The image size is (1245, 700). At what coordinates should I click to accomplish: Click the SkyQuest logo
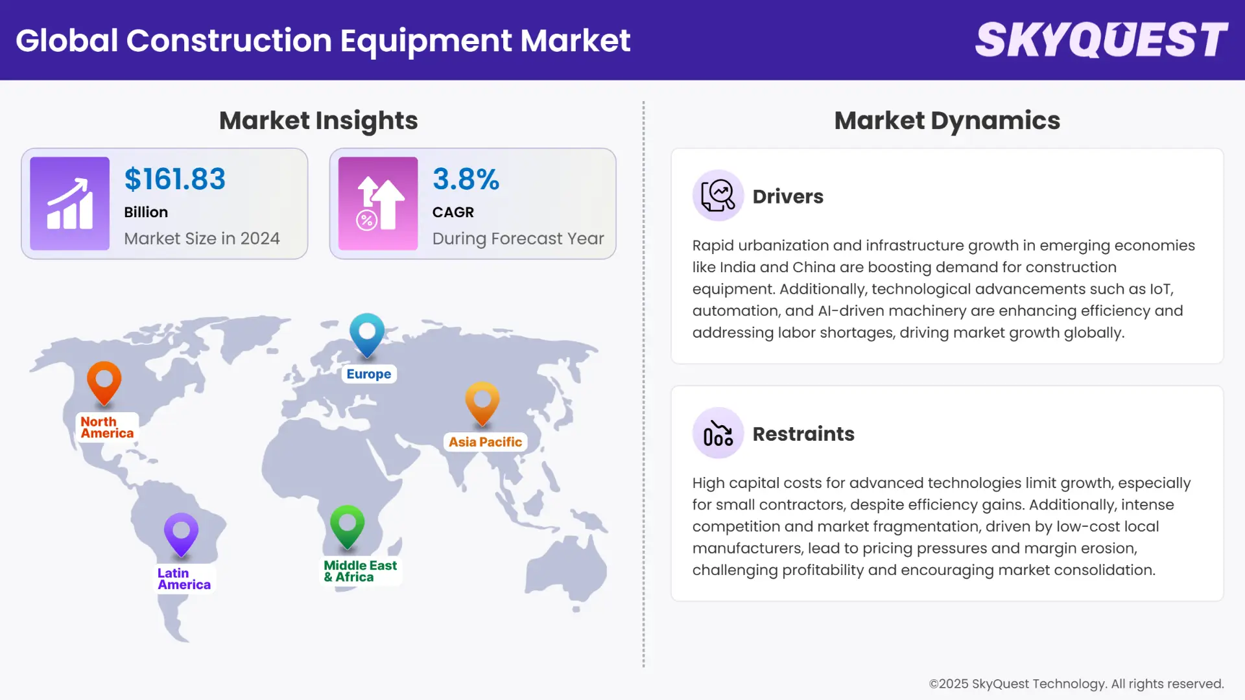click(x=1101, y=40)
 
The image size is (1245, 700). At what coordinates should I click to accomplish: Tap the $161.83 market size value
click(x=175, y=180)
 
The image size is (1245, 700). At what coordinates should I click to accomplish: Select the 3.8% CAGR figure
click(x=466, y=180)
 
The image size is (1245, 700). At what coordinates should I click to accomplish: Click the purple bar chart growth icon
click(x=70, y=204)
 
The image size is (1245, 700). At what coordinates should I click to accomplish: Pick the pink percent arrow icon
click(x=378, y=204)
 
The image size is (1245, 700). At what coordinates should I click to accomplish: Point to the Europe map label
click(x=368, y=374)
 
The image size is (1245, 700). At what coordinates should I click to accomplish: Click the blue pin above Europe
click(x=367, y=333)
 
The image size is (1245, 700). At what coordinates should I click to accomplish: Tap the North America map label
click(x=107, y=428)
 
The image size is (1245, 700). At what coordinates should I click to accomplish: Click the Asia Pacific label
click(x=485, y=442)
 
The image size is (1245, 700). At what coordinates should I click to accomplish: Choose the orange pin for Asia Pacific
click(x=482, y=402)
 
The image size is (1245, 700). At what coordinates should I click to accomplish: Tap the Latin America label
click(x=184, y=579)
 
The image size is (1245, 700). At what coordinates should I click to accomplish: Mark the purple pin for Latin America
click(x=182, y=533)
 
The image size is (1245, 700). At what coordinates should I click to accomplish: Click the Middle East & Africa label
click(x=360, y=571)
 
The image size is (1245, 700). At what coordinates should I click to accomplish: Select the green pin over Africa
click(x=348, y=525)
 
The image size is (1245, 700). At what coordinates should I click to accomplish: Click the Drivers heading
click(x=788, y=196)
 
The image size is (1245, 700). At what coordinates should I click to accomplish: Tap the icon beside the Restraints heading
click(x=718, y=434)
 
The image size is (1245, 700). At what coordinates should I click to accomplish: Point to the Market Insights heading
click(x=318, y=121)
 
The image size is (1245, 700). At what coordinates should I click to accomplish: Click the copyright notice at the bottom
click(x=1076, y=684)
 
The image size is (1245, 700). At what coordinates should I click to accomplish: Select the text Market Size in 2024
click(x=202, y=239)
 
